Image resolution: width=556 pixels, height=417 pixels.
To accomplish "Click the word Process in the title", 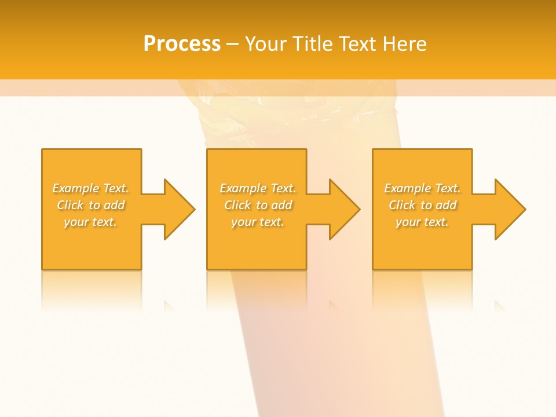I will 182,44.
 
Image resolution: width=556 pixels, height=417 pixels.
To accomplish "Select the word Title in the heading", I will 313,44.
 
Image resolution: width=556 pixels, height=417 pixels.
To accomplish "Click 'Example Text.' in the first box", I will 91,188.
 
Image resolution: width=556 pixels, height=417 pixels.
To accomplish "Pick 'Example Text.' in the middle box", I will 258,188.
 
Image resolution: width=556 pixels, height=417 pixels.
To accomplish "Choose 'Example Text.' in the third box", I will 422,188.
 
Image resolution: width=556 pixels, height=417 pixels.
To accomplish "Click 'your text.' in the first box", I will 91,222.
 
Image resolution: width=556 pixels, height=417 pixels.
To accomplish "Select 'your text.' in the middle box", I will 258,222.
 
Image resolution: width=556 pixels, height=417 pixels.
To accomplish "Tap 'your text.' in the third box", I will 422,222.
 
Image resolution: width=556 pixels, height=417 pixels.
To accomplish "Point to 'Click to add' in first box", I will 91,205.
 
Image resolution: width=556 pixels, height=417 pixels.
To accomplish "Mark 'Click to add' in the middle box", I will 258,205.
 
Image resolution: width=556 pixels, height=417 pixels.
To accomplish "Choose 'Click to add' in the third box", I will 422,205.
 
